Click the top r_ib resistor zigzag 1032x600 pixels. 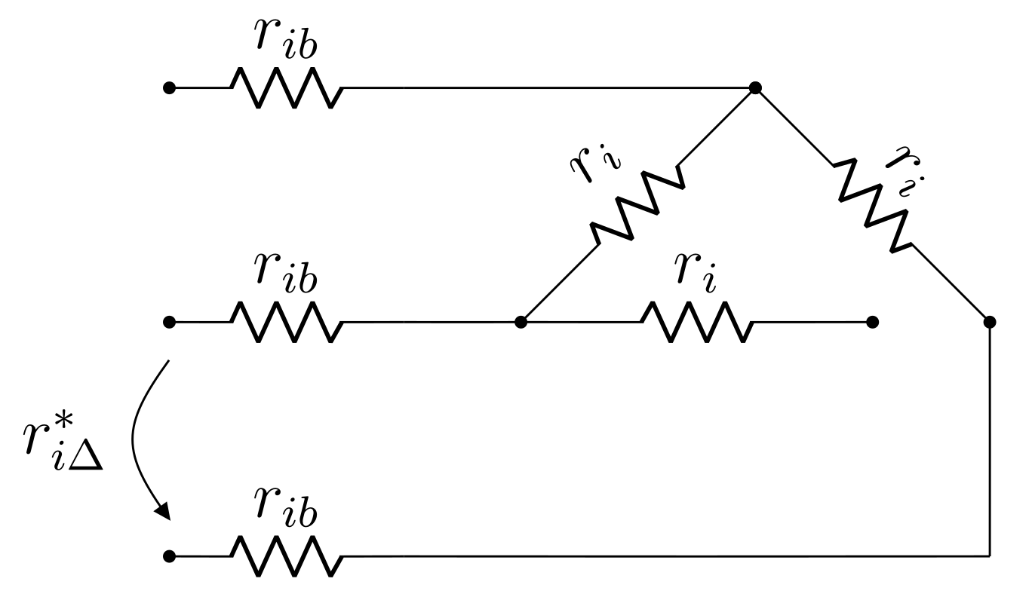(287, 88)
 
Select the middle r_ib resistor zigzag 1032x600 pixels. (287, 323)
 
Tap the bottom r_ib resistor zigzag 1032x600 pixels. (287, 557)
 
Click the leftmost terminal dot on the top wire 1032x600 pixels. (169, 88)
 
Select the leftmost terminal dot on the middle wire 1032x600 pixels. (169, 323)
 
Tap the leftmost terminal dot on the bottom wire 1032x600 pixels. (169, 557)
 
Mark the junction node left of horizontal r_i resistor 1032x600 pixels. (520, 323)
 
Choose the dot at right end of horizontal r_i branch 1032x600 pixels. (873, 323)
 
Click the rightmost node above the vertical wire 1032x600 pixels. (990, 323)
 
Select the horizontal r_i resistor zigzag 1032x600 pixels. (696, 323)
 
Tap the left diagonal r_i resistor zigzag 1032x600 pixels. (637, 205)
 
